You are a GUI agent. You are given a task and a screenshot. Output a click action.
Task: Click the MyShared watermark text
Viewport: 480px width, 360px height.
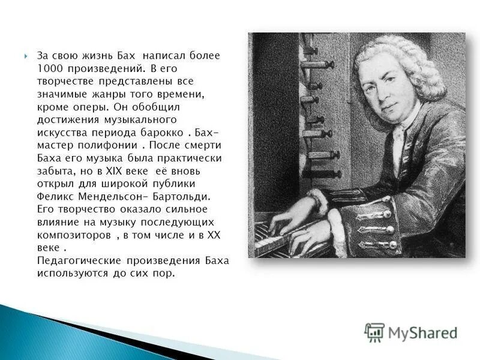tap(423, 332)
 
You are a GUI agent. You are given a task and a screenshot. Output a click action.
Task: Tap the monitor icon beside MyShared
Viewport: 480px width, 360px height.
tap(374, 332)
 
